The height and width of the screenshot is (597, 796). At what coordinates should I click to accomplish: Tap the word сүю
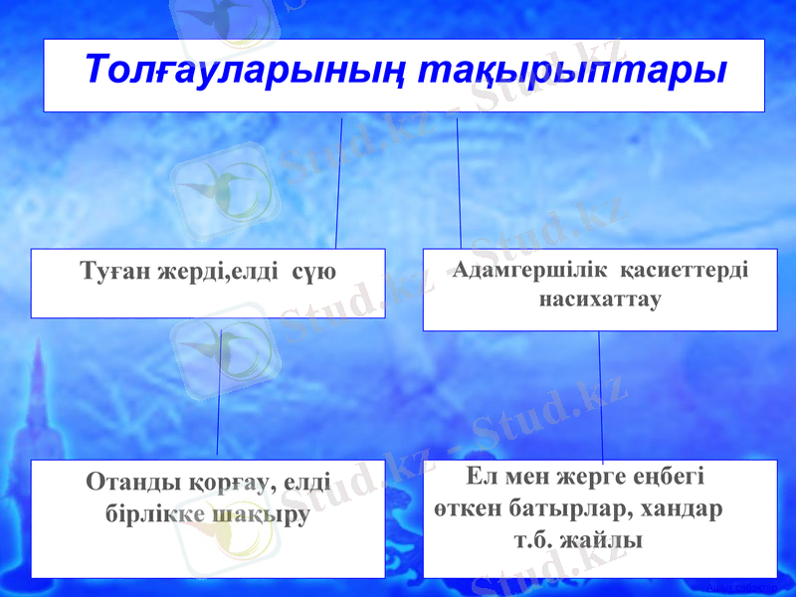(314, 272)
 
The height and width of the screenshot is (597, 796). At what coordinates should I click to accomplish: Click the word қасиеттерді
(686, 270)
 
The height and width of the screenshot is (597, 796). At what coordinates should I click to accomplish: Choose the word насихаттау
(600, 298)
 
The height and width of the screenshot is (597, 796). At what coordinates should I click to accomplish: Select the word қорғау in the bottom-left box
(228, 484)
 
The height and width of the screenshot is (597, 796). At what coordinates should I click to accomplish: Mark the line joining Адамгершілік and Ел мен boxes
(601, 393)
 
